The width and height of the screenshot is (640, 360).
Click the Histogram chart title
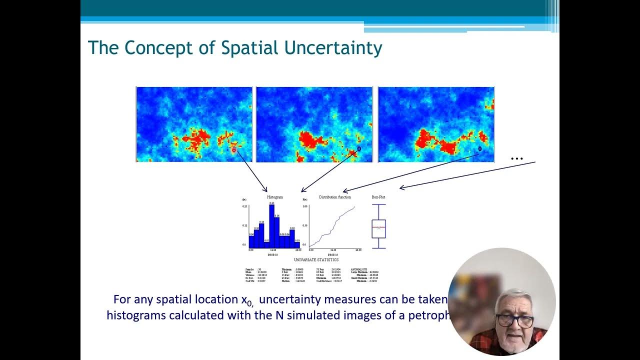(x=275, y=197)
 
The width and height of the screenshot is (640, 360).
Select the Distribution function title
(x=335, y=197)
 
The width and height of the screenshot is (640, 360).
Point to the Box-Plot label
(x=378, y=197)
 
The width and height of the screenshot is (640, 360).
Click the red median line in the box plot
(x=378, y=227)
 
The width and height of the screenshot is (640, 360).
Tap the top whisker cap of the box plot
(x=378, y=204)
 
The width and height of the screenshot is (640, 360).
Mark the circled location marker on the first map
(x=233, y=149)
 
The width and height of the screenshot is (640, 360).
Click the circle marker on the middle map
(x=358, y=148)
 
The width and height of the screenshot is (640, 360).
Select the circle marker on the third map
(x=480, y=148)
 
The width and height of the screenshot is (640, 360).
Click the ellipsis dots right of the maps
(x=516, y=159)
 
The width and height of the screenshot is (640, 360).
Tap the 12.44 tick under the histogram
(x=273, y=249)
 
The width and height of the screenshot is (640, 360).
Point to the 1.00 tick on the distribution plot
(x=304, y=206)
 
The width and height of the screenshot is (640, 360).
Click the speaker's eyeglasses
(x=515, y=320)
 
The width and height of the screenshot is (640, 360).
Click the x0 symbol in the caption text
(x=245, y=300)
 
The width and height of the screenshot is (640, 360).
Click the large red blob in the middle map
(x=313, y=139)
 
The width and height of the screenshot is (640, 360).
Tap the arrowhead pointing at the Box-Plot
(x=401, y=188)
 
